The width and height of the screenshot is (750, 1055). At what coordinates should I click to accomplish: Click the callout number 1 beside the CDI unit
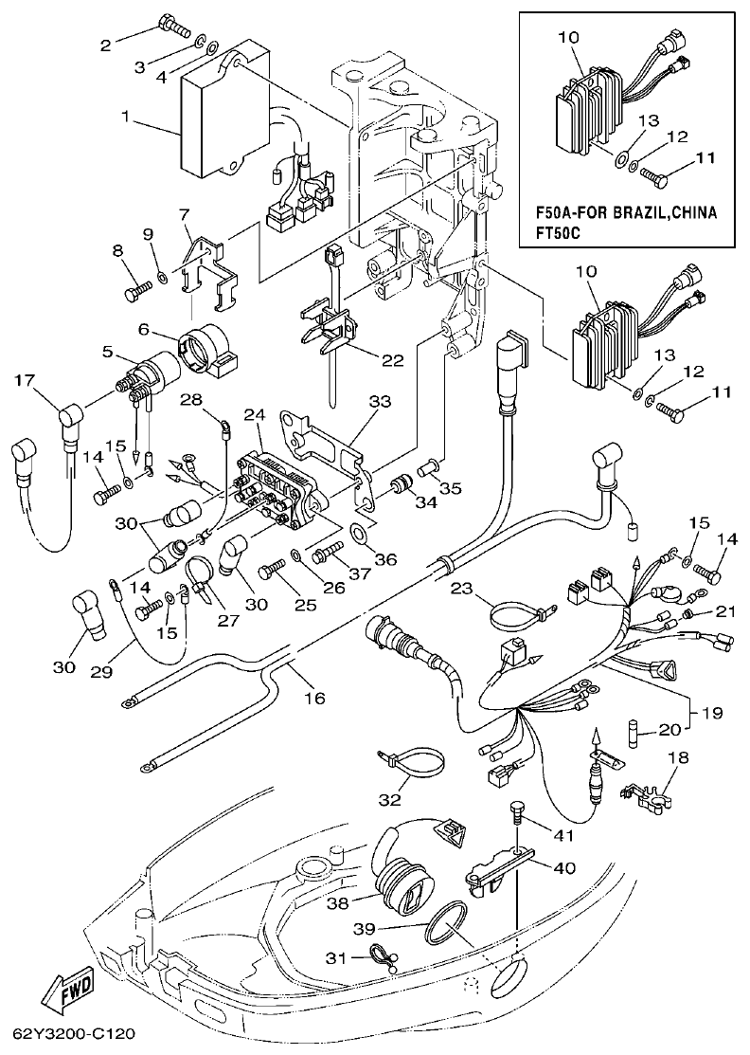(124, 118)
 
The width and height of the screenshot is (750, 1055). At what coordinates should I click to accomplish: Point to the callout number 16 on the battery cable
(313, 699)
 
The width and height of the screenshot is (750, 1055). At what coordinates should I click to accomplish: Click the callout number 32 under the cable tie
(389, 799)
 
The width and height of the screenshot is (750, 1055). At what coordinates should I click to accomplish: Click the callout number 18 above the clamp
(677, 757)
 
